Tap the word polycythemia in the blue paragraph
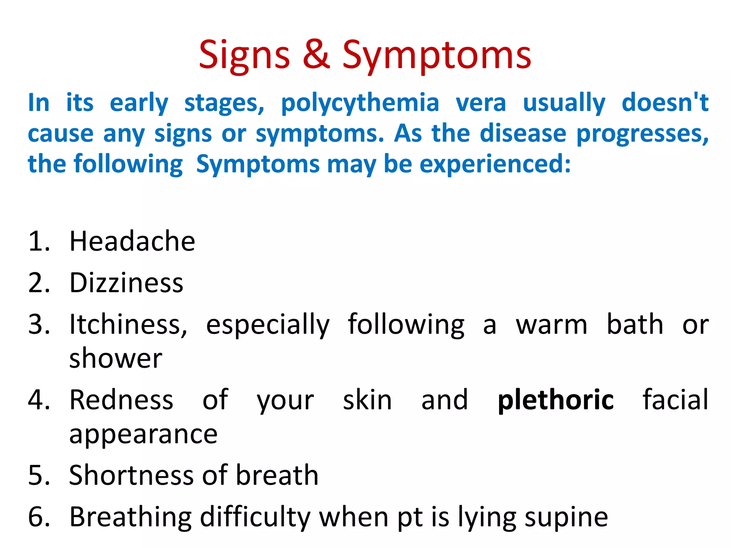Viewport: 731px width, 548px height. point(360,103)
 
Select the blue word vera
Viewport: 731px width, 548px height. point(481,103)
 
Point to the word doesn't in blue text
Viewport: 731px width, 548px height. point(665,102)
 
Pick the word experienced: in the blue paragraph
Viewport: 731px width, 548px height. point(495,164)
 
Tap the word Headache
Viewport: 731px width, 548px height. point(132,242)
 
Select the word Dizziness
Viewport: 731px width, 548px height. point(126,283)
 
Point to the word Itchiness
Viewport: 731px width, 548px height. point(128,325)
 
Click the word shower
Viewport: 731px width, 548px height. point(116,359)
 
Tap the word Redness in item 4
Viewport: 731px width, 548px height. point(121,400)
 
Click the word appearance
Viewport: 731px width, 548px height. point(143,435)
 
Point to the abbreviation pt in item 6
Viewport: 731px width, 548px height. point(410,518)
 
